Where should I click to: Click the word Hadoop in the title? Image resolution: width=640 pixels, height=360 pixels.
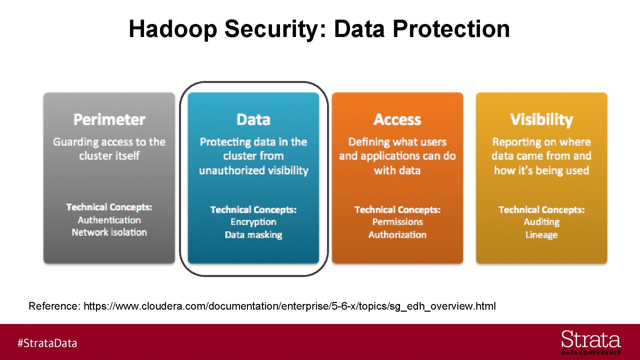(x=173, y=29)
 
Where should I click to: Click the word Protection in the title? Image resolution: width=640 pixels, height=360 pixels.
(x=451, y=29)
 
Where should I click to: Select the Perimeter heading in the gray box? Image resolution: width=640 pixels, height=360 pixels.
(x=109, y=120)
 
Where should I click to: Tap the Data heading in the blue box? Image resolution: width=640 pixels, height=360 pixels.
(x=253, y=120)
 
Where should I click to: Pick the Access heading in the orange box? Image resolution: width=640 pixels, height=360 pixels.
(x=397, y=120)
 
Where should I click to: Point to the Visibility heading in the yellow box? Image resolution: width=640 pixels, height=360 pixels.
(x=541, y=120)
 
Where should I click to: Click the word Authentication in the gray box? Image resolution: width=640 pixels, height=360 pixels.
(x=109, y=220)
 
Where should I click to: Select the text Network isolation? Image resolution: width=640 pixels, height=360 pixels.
(x=109, y=232)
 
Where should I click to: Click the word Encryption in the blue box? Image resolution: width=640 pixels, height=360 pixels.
(x=253, y=222)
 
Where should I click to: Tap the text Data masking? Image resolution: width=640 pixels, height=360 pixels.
(x=253, y=235)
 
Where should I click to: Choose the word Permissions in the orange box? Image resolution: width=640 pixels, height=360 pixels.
(x=397, y=222)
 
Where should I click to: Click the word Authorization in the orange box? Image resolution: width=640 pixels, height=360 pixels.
(x=397, y=235)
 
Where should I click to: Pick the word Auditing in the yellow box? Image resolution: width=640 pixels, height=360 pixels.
(x=541, y=222)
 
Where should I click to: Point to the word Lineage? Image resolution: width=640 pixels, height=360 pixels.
(x=541, y=235)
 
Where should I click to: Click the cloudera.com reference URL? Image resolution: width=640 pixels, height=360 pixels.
(x=289, y=306)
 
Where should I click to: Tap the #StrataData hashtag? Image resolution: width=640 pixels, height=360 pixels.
(x=47, y=343)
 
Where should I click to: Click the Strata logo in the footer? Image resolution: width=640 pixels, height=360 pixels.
(x=591, y=342)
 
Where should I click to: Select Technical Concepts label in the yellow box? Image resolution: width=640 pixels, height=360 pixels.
(x=541, y=210)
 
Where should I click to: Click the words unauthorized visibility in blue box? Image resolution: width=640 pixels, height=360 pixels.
(x=253, y=171)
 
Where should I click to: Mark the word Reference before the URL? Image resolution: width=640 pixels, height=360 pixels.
(x=54, y=306)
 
